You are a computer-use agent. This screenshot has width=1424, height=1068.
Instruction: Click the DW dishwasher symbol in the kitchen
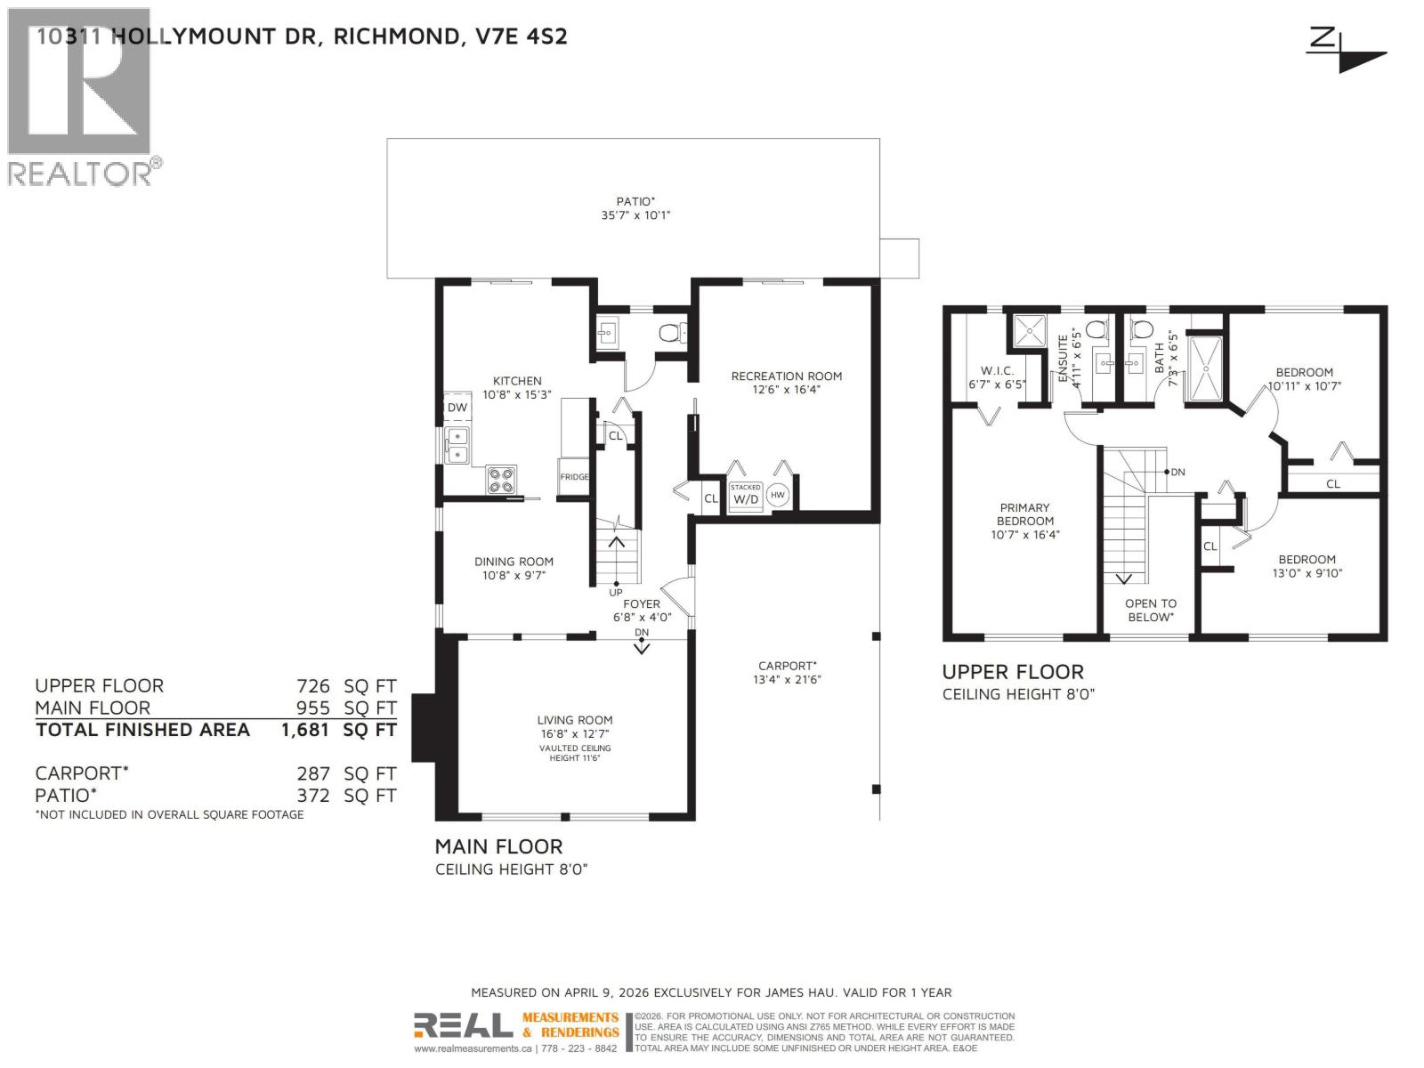[457, 408]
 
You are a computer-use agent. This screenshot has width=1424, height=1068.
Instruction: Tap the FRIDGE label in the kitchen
[574, 477]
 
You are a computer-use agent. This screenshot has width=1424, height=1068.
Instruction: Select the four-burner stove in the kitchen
[501, 481]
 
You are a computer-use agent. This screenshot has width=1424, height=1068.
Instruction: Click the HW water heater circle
[778, 495]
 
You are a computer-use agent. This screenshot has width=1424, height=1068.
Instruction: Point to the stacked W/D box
[746, 495]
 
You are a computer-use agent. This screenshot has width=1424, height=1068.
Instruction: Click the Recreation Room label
[786, 376]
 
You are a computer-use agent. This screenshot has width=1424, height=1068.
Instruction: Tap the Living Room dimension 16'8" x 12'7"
[574, 734]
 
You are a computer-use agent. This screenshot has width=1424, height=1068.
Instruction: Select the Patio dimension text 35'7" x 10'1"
[635, 215]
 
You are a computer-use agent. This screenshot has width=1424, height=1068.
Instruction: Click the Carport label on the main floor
[787, 666]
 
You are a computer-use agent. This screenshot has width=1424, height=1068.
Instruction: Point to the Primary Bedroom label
[1024, 514]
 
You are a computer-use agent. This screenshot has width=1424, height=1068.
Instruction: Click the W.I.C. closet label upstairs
[997, 371]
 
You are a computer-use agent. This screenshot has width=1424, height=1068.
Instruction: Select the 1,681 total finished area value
[305, 730]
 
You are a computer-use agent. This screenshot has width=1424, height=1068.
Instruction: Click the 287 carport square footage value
[313, 774]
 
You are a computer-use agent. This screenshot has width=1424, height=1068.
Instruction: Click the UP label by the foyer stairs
[615, 593]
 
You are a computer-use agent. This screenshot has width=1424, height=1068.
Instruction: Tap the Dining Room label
[514, 562]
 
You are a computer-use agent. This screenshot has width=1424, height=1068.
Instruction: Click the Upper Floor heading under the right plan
[1013, 672]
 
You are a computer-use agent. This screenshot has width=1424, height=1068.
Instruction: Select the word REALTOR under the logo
[80, 173]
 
